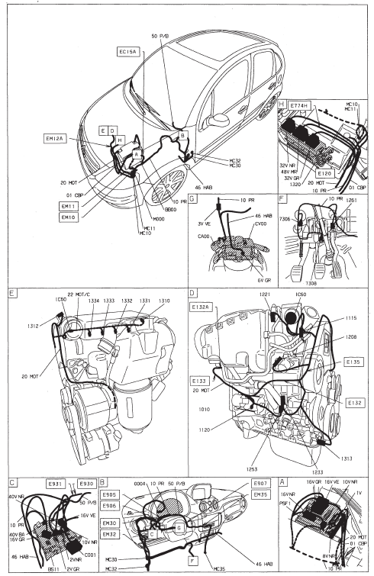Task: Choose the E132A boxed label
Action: coord(202,307)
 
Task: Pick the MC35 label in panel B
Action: coord(218,568)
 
